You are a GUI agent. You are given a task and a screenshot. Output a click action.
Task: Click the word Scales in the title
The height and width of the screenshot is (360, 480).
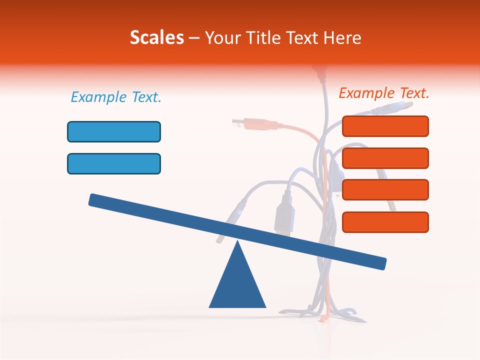point(156,37)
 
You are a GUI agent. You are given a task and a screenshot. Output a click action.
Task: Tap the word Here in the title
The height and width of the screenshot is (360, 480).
point(343,37)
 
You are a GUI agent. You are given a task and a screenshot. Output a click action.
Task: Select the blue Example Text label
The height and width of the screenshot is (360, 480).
point(116,97)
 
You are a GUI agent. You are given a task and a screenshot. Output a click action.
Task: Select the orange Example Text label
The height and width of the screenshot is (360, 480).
point(384,93)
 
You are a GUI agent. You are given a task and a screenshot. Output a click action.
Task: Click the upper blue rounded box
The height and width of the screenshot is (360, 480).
point(114,131)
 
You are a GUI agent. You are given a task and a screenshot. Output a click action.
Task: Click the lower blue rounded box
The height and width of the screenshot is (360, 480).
point(114,163)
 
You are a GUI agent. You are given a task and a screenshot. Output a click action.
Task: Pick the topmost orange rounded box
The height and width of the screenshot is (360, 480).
point(385,126)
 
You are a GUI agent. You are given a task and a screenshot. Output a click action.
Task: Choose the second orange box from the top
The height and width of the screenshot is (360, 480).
point(385,158)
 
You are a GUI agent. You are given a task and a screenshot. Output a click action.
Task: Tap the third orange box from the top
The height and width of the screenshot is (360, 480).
point(385,189)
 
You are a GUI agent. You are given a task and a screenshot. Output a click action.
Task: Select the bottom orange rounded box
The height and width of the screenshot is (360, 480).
point(385,222)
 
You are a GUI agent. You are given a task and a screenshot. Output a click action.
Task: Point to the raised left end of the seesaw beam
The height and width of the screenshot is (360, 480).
point(93,199)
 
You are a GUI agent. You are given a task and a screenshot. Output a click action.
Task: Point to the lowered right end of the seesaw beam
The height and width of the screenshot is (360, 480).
point(382,263)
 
